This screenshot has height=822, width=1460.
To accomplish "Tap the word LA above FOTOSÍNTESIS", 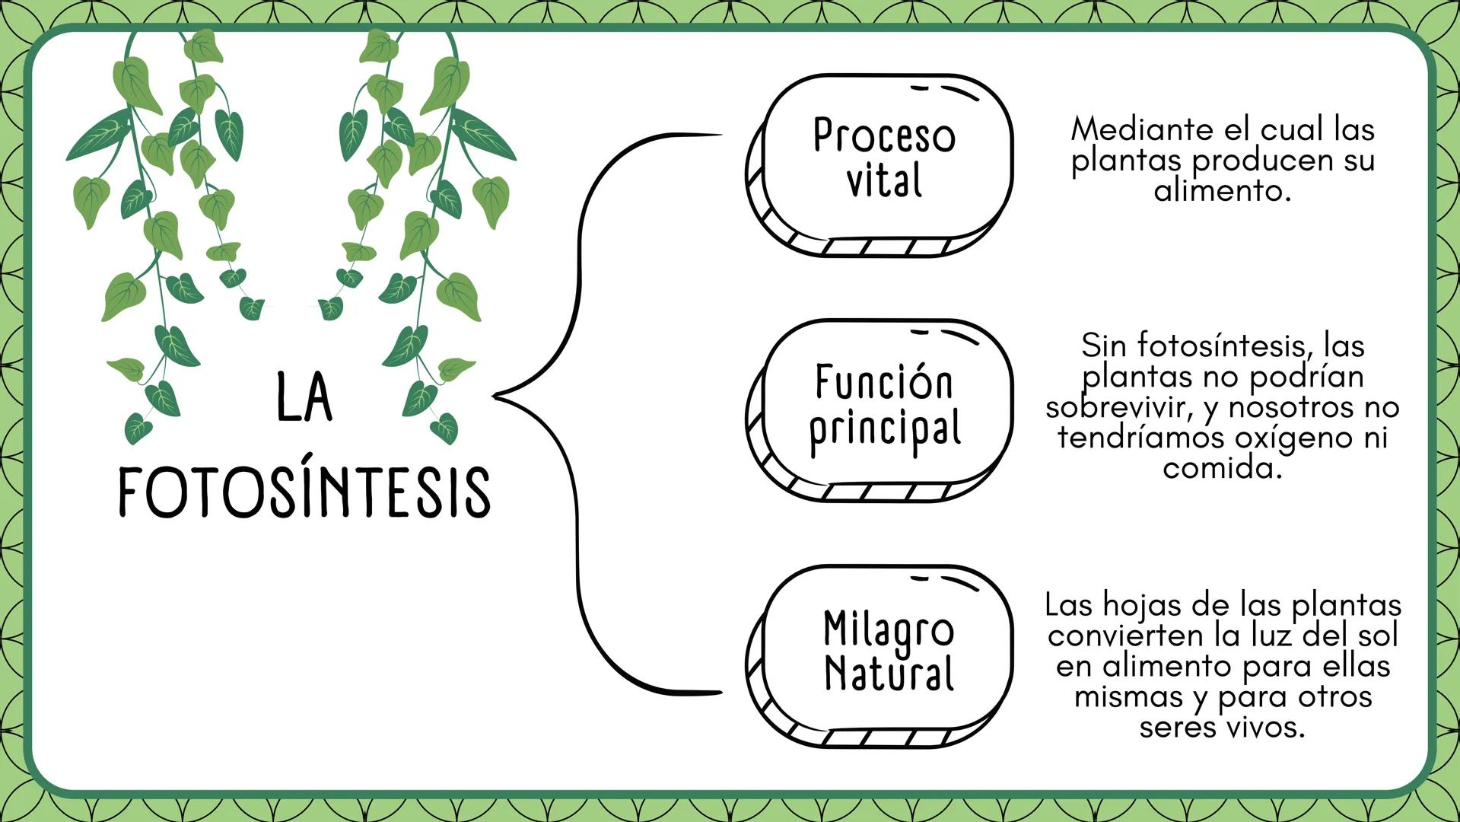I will pyautogui.click(x=304, y=397).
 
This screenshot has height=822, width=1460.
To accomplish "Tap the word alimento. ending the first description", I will pyautogui.click(x=1223, y=190).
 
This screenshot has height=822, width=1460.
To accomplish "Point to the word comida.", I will pyautogui.click(x=1223, y=467).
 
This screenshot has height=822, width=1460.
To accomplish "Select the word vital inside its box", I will pyautogui.click(x=884, y=181).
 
